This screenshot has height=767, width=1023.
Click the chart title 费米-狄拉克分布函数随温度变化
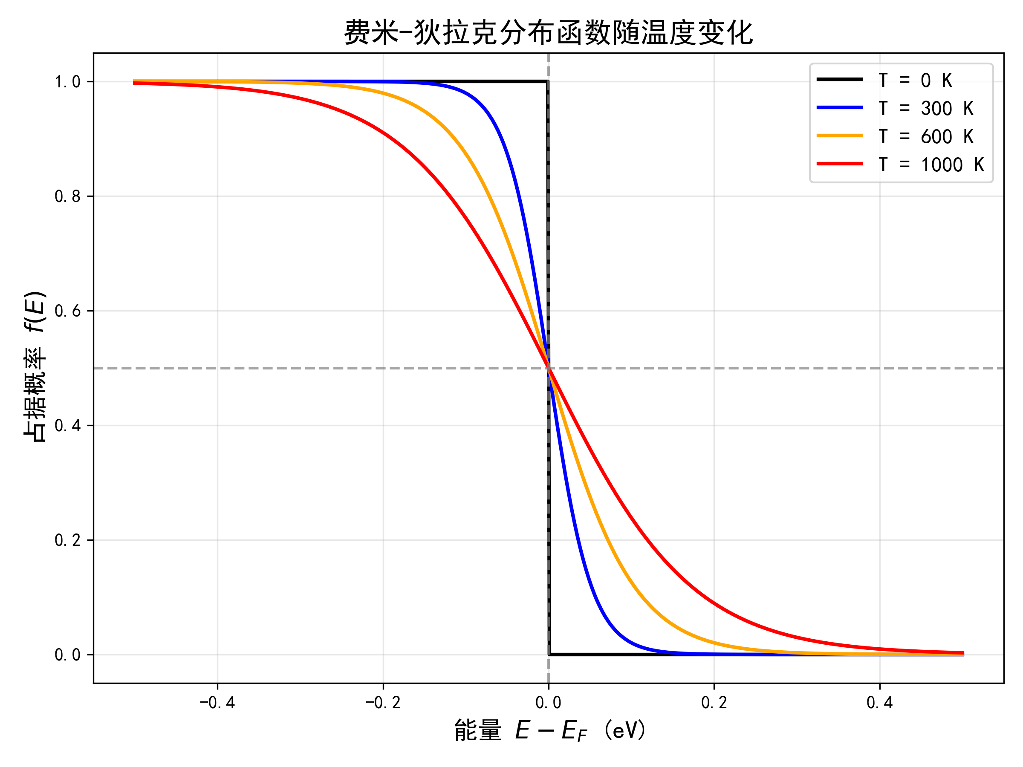click(549, 32)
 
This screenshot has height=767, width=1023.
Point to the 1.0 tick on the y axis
click(67, 82)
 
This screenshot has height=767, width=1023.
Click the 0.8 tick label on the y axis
click(67, 196)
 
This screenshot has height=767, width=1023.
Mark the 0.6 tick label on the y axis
click(67, 311)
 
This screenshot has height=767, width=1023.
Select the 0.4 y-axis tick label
click(67, 426)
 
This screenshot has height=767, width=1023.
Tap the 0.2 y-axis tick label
click(67, 540)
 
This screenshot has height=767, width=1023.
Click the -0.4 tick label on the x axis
click(217, 703)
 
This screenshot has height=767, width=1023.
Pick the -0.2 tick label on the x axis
click(383, 703)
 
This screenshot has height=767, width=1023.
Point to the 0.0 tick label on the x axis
click(549, 703)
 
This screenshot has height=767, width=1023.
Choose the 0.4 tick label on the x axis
click(880, 703)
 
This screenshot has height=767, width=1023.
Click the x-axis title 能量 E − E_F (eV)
click(550, 731)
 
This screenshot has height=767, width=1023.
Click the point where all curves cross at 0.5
click(549, 369)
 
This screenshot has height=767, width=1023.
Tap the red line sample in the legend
click(840, 164)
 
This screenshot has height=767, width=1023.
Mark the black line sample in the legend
click(840, 80)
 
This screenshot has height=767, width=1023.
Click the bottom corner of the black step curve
click(549, 655)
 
